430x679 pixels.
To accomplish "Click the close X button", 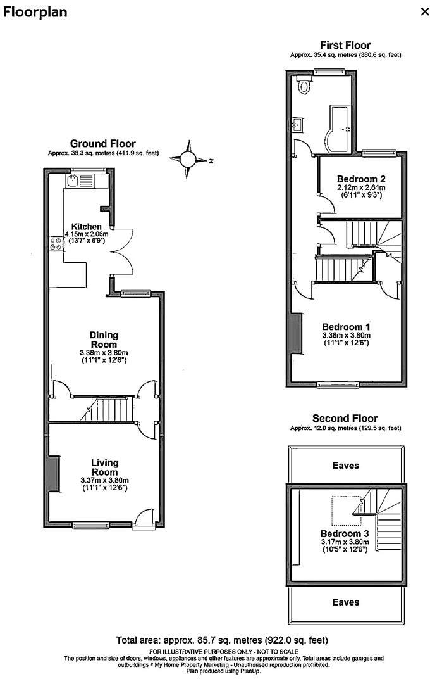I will pyautogui.click(x=424, y=11).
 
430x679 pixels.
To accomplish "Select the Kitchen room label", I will pyautogui.click(x=86, y=227).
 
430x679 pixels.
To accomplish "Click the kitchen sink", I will pyautogui.click(x=75, y=181).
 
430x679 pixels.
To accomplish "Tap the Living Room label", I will pyautogui.click(x=104, y=467).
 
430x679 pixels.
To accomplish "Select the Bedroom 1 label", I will pyautogui.click(x=346, y=327).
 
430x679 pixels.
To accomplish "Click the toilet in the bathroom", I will pyautogui.click(x=305, y=86).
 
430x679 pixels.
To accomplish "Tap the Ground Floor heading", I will pyautogui.click(x=102, y=144).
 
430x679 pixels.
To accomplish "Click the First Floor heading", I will pyautogui.click(x=345, y=45).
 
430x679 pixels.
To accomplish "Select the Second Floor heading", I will pyautogui.click(x=345, y=418).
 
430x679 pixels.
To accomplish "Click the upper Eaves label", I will pyautogui.click(x=346, y=465).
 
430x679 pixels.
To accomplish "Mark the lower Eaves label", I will pyautogui.click(x=346, y=602).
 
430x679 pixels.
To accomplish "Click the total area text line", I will pyautogui.click(x=222, y=640).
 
